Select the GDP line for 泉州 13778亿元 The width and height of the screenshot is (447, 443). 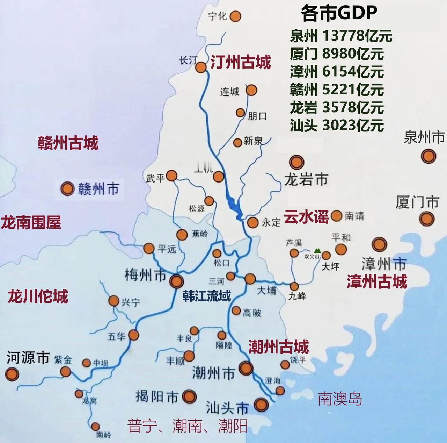click(x=341, y=36)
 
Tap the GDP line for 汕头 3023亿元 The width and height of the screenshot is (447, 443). click(x=337, y=125)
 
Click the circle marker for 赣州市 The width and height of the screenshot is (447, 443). click(x=67, y=188)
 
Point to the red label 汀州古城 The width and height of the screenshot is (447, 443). click(x=241, y=63)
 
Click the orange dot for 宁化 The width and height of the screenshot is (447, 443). click(x=236, y=16)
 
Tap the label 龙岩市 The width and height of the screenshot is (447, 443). click(x=306, y=180)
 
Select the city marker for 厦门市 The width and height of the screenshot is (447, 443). click(x=427, y=219)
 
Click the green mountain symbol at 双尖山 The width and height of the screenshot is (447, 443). click(x=317, y=250)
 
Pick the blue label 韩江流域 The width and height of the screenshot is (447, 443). click(x=207, y=296)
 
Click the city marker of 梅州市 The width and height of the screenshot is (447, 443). click(x=176, y=281)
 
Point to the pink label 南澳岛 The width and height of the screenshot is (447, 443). click(x=339, y=399)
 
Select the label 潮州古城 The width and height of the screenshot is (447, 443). click(x=278, y=347)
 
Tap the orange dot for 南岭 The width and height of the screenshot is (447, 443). click(x=95, y=426)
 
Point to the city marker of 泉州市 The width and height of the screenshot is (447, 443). click(x=428, y=156)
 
